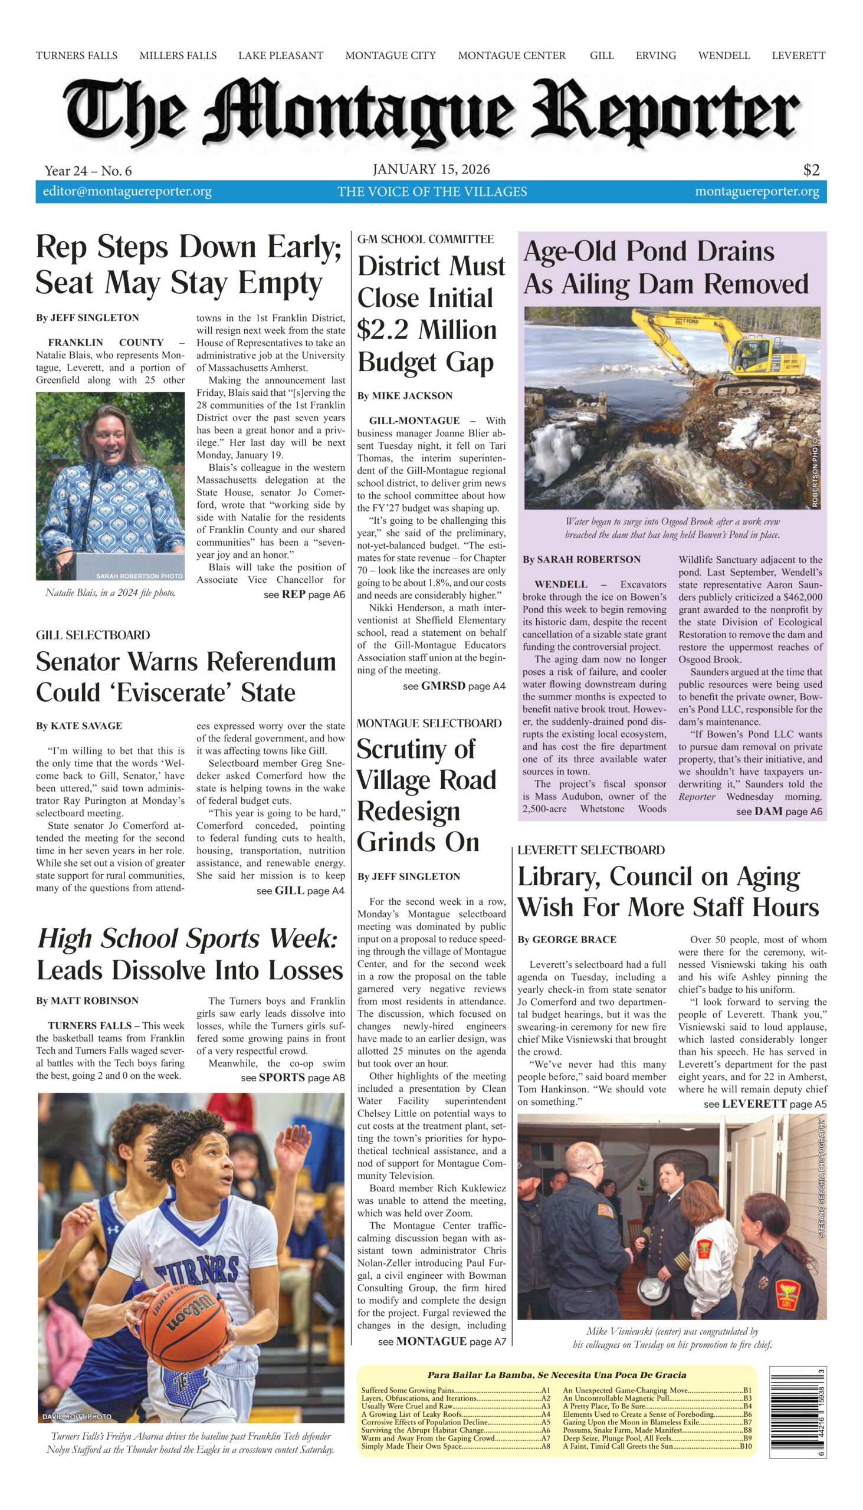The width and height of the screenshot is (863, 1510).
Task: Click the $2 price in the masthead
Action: [x=811, y=170]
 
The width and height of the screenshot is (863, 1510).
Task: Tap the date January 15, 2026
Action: [x=431, y=169]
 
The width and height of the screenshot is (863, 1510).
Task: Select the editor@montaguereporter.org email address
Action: [x=127, y=192]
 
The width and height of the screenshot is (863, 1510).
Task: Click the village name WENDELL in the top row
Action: [x=723, y=55]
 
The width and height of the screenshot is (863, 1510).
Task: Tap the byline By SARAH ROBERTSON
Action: [x=581, y=559]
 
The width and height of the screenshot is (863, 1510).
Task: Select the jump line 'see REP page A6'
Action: [x=304, y=595]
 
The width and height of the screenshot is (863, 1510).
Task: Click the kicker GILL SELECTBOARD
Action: [x=93, y=635]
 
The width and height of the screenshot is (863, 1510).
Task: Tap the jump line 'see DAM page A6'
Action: [x=779, y=811]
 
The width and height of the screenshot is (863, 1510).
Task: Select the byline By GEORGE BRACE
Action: [x=567, y=939]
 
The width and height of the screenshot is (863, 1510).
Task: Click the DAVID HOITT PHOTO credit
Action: [x=77, y=1416]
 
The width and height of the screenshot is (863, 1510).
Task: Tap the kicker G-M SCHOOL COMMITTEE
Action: [x=425, y=239]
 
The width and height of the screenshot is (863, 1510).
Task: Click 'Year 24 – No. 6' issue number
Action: [x=88, y=171]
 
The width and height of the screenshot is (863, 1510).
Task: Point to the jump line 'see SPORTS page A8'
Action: [x=292, y=1078]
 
